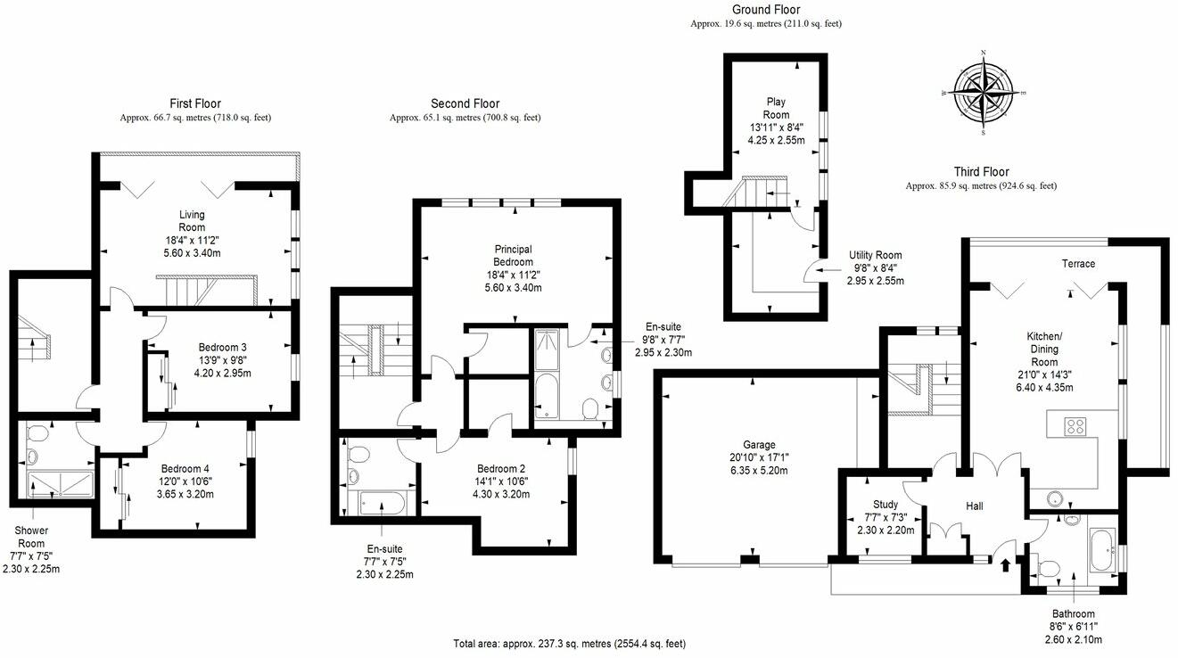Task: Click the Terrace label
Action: click(x=1078, y=264)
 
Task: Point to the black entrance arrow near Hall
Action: click(x=1008, y=563)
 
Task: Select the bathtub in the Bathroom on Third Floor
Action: click(x=1099, y=551)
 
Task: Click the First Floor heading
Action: click(x=195, y=103)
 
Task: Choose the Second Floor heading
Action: click(x=465, y=103)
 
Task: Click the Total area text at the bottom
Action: click(x=569, y=643)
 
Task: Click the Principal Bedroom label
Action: click(x=514, y=256)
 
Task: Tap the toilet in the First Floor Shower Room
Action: click(x=37, y=434)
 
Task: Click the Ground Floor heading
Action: click(x=765, y=10)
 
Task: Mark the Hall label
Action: click(x=974, y=506)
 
